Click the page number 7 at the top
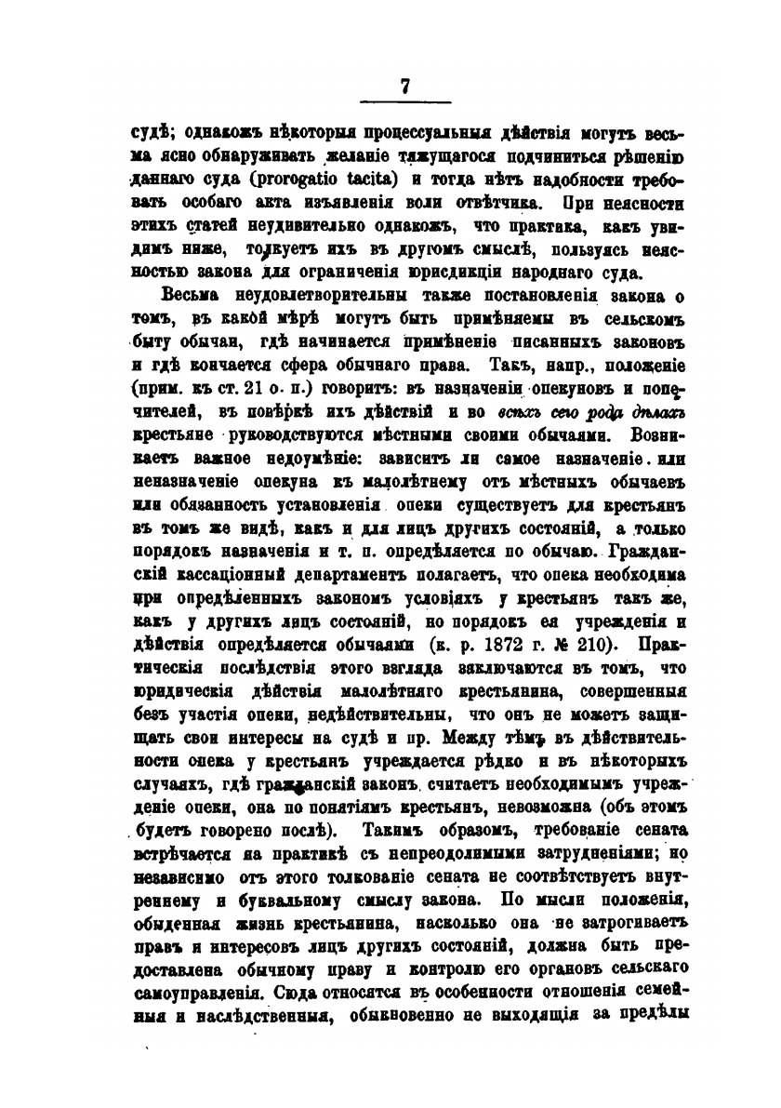(x=405, y=85)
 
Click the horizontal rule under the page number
(x=405, y=101)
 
